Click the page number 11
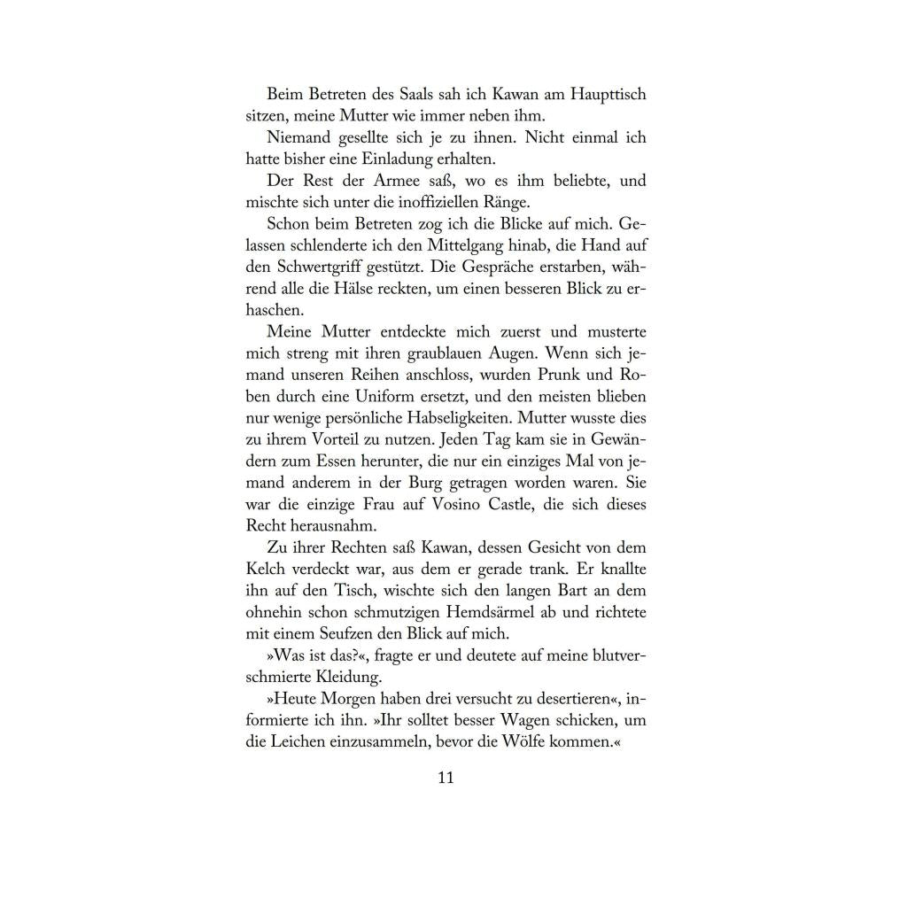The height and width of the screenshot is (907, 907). [446, 778]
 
